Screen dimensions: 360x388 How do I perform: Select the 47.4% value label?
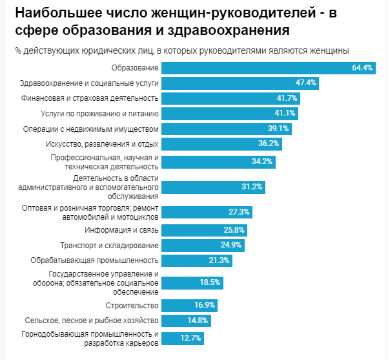click(x=305, y=83)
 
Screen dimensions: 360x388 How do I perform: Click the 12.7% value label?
click(x=191, y=337)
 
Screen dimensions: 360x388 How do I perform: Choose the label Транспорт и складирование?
click(x=109, y=246)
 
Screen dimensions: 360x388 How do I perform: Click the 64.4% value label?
click(x=362, y=68)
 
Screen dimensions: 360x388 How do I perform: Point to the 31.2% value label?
click(x=252, y=187)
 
